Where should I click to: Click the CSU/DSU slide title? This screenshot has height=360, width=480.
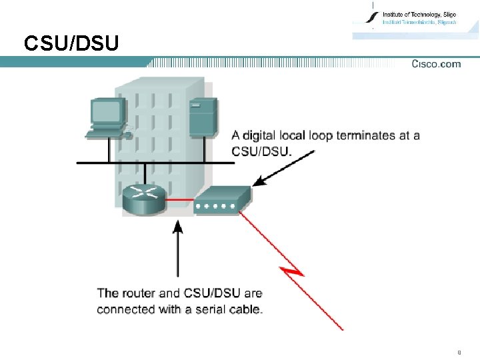point(71,44)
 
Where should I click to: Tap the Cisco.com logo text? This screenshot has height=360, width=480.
point(436,64)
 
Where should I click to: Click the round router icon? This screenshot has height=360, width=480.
point(144,198)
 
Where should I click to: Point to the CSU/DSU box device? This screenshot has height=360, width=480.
point(221,199)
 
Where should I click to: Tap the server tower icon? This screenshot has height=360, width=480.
point(202,118)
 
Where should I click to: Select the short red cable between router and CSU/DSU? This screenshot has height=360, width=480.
point(180,199)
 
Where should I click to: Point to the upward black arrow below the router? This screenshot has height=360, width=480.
point(177,247)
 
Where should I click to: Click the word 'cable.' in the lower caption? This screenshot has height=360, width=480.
point(245,309)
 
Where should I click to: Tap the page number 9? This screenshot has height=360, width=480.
point(459,351)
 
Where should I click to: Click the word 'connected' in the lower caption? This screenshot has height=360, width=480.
point(124,309)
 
